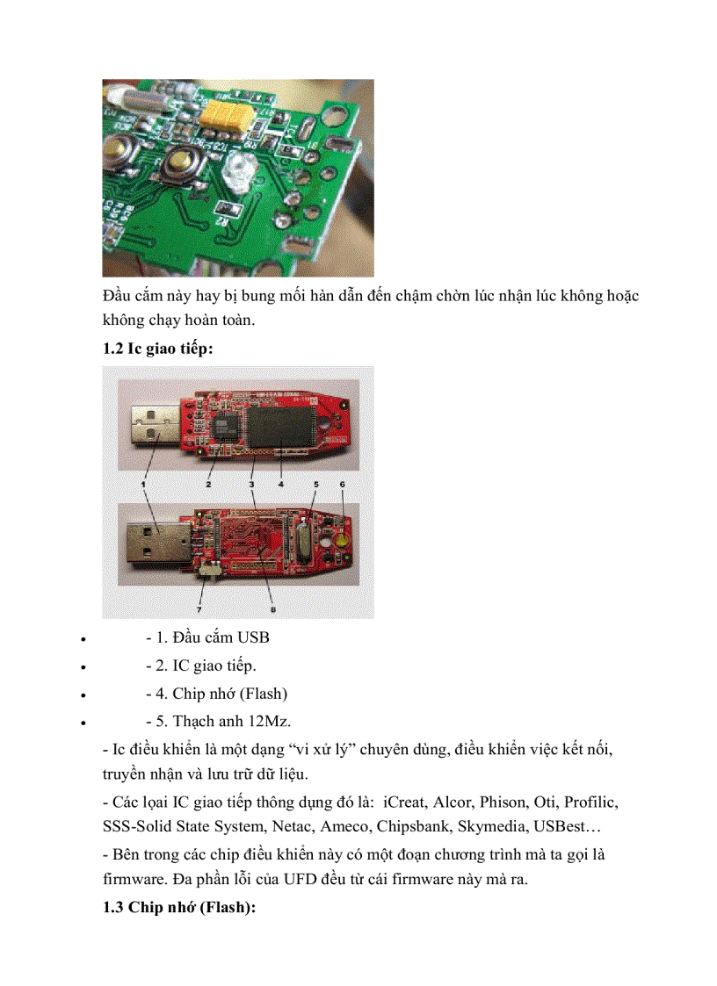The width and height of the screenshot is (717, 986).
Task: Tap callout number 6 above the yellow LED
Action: tap(342, 484)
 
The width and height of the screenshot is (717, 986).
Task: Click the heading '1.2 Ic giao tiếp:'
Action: tap(157, 348)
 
